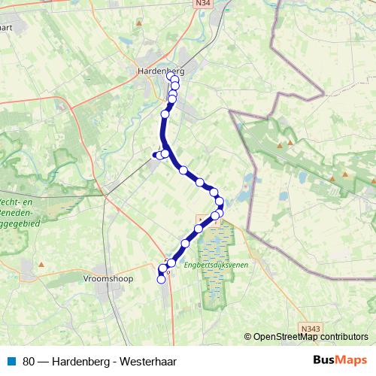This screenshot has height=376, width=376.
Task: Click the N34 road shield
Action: click(x=223, y=4)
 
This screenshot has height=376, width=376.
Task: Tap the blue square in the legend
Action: click(x=12, y=360)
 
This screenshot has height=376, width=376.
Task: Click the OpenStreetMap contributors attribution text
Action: click(x=310, y=337)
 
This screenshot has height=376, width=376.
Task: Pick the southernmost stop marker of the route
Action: click(x=160, y=280)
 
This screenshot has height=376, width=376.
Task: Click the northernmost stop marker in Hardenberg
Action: click(x=170, y=75)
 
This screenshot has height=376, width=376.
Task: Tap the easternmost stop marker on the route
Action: click(x=220, y=202)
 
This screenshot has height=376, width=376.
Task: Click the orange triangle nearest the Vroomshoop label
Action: click(x=41, y=265)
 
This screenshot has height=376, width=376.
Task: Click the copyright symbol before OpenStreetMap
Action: click(x=248, y=337)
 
